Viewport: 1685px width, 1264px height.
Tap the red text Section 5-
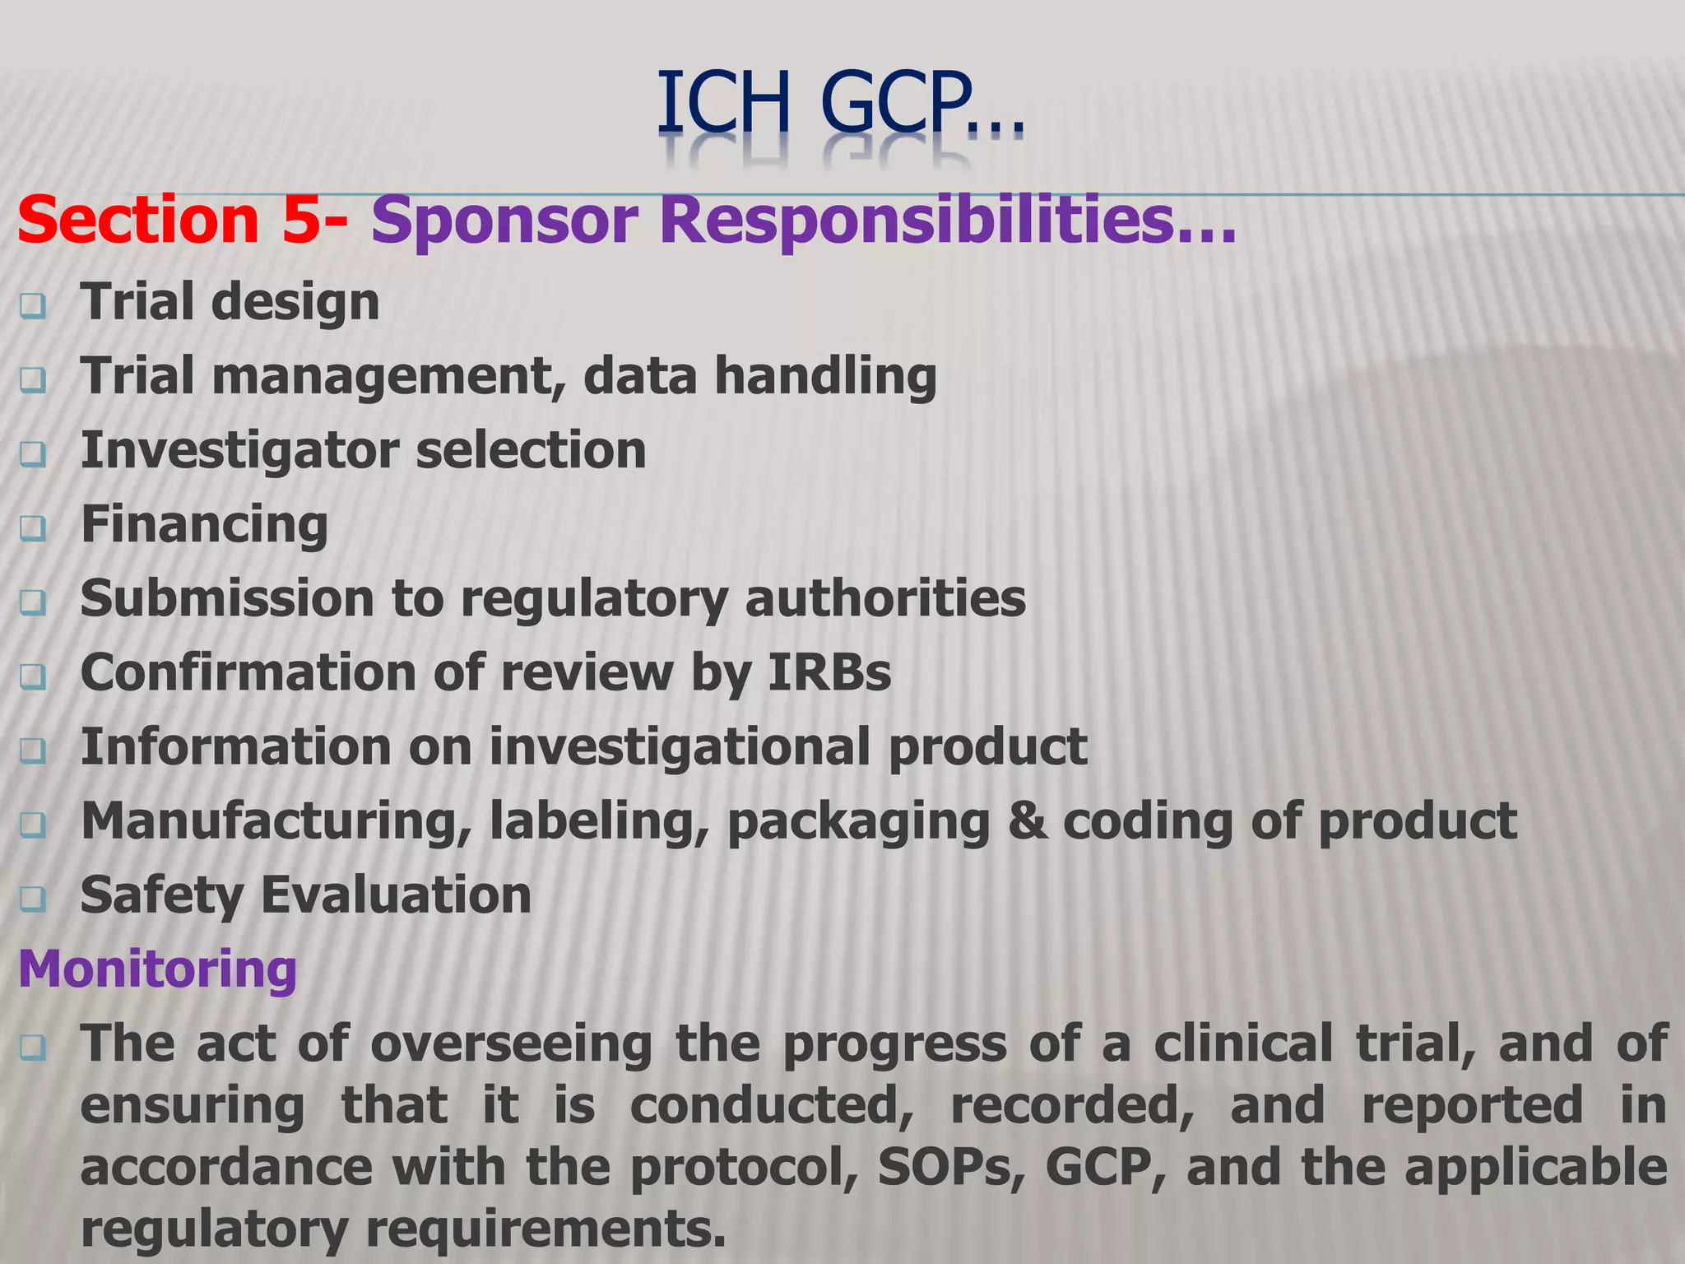[x=183, y=221]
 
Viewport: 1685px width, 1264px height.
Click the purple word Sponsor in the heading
[x=504, y=221]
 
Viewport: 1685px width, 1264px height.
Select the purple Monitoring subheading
[x=157, y=969]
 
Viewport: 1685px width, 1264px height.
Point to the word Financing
[x=204, y=524]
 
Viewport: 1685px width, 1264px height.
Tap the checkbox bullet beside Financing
[x=33, y=529]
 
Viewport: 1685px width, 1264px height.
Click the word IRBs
[x=829, y=672]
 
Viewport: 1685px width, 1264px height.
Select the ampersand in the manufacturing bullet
[x=1027, y=820]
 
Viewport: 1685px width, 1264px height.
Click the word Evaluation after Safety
[x=396, y=895]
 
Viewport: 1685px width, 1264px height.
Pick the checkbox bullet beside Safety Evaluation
[x=33, y=899]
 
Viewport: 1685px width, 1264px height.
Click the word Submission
[x=227, y=598]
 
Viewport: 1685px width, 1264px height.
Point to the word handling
[x=825, y=377]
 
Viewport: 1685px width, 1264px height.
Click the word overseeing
[x=511, y=1043]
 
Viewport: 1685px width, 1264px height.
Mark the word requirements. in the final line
[x=546, y=1229]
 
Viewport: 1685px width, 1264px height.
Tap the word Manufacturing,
[x=276, y=821]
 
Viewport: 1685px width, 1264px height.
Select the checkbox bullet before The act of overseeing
[x=33, y=1048]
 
